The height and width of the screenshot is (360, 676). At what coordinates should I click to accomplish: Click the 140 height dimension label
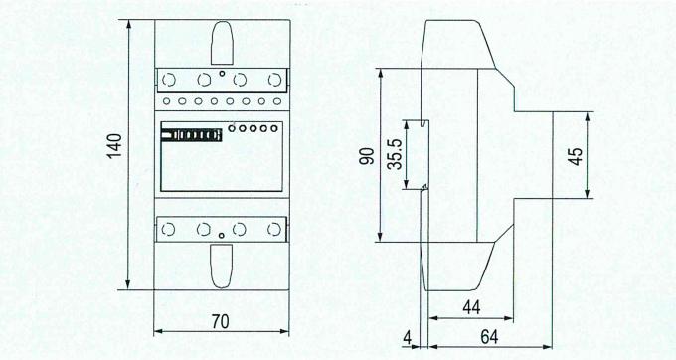pyautogui.click(x=114, y=146)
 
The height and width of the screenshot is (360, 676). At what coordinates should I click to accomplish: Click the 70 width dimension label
pyautogui.click(x=221, y=322)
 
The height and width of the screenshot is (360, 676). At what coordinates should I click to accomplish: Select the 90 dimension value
pyautogui.click(x=367, y=156)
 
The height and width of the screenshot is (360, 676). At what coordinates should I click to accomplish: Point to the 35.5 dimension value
pyautogui.click(x=395, y=154)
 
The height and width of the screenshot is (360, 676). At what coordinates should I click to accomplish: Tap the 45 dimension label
pyautogui.click(x=576, y=156)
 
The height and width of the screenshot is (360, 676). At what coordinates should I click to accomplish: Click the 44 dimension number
pyautogui.click(x=471, y=308)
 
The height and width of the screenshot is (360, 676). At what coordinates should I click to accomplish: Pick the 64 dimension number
pyautogui.click(x=489, y=337)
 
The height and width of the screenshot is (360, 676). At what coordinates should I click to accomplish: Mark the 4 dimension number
pyautogui.click(x=408, y=338)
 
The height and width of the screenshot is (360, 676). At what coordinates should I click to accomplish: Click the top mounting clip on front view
pyautogui.click(x=222, y=43)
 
